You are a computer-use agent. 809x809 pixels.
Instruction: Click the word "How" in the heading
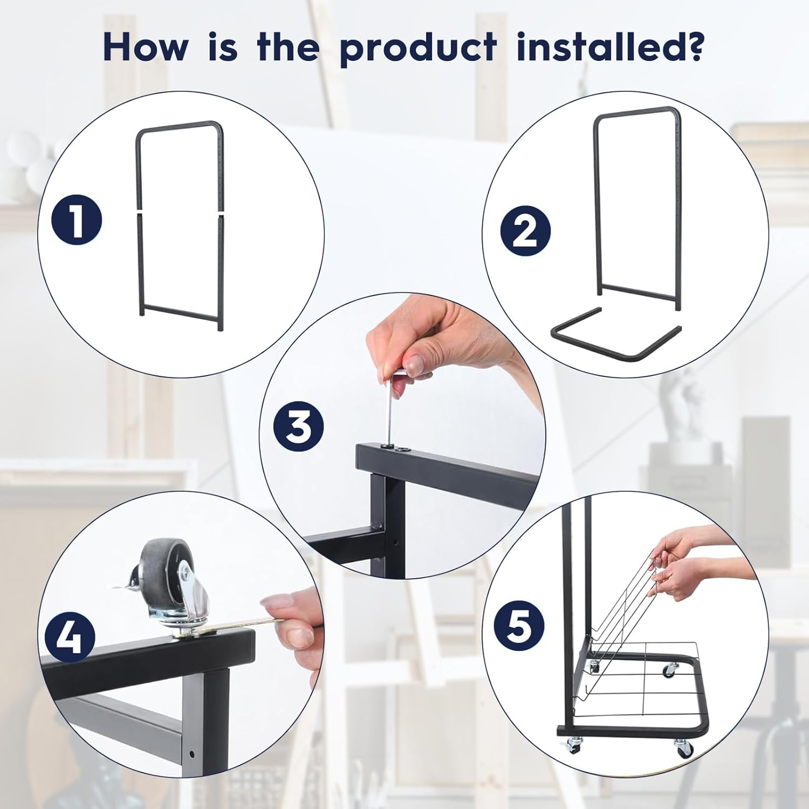(x=146, y=47)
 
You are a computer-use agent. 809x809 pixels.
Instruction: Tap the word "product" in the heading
(x=419, y=49)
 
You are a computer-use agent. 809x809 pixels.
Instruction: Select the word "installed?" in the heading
(x=610, y=47)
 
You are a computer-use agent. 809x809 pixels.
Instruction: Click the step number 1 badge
(x=77, y=220)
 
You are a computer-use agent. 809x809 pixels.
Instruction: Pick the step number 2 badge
(x=525, y=230)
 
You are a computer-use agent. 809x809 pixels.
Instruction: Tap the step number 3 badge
(x=299, y=426)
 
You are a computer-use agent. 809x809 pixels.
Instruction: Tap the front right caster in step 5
(x=683, y=748)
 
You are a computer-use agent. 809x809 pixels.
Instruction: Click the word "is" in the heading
(x=222, y=47)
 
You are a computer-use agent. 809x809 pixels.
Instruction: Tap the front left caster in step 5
(x=573, y=744)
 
